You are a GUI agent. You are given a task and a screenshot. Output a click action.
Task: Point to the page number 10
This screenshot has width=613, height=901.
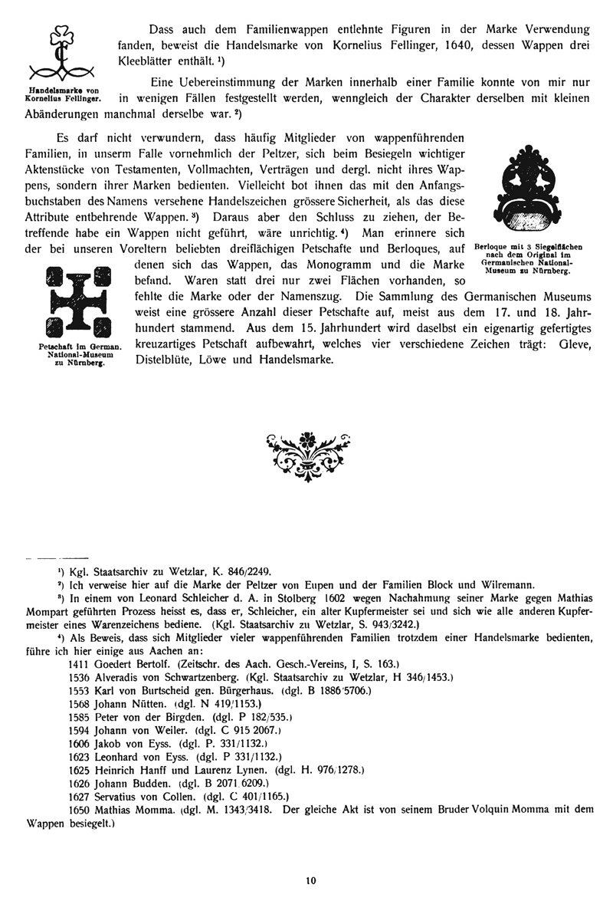[x=310, y=881]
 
